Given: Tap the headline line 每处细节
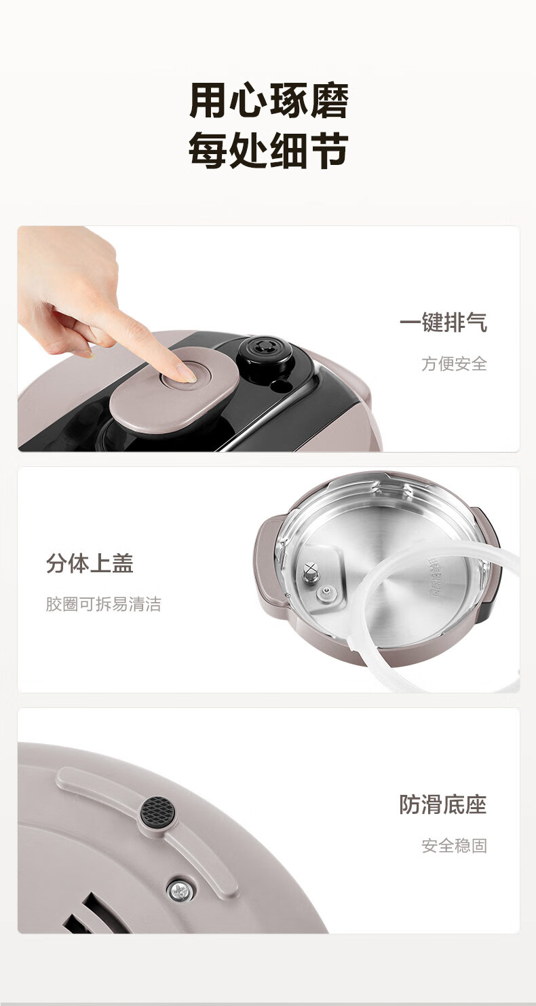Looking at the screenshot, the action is pos(269,151).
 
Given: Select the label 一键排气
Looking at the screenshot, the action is pos(443,322).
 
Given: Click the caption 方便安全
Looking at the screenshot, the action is pos(455,364).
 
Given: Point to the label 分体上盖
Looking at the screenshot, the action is pos(90,563).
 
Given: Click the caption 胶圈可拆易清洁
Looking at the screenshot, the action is pos(103,604).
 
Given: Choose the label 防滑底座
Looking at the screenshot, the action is pos(443,804).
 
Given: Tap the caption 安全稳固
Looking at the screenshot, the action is pos(455,846).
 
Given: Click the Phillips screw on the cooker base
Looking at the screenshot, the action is pos(180,889).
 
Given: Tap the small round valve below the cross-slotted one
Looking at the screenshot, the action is pos(326,594).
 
